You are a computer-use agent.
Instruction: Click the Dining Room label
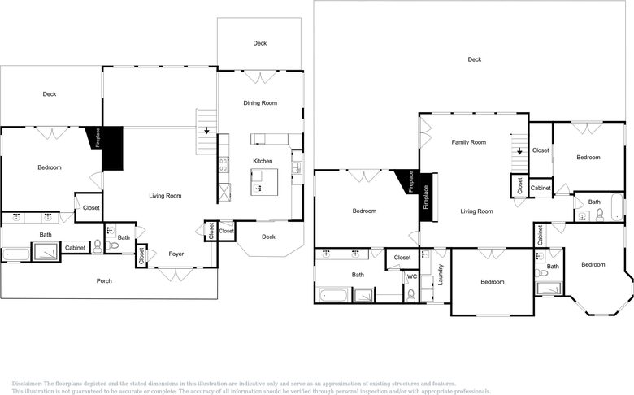[260, 103]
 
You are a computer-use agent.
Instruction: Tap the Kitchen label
[263, 161]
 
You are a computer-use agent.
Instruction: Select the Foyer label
[176, 254]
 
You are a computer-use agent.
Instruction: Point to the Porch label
[104, 280]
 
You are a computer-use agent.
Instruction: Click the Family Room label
[469, 142]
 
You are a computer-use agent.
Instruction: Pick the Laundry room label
[441, 275]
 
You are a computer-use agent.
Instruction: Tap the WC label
[411, 276]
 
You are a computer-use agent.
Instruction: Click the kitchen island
[264, 182]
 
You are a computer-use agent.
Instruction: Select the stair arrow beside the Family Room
[519, 151]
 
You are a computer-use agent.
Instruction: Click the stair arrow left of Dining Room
[206, 130]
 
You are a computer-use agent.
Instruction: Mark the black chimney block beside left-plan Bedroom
[112, 148]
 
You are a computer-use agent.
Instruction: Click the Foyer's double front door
[176, 274]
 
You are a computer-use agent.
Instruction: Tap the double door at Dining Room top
[260, 77]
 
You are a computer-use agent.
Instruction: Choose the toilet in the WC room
[411, 296]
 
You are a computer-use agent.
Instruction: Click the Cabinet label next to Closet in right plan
[541, 188]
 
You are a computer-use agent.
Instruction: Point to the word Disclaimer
[27, 384]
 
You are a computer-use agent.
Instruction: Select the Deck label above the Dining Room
[260, 43]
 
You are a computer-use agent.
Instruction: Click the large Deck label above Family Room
[475, 59]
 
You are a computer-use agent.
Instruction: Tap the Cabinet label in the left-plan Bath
[76, 248]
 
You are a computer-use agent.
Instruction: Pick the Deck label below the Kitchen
[268, 237]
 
